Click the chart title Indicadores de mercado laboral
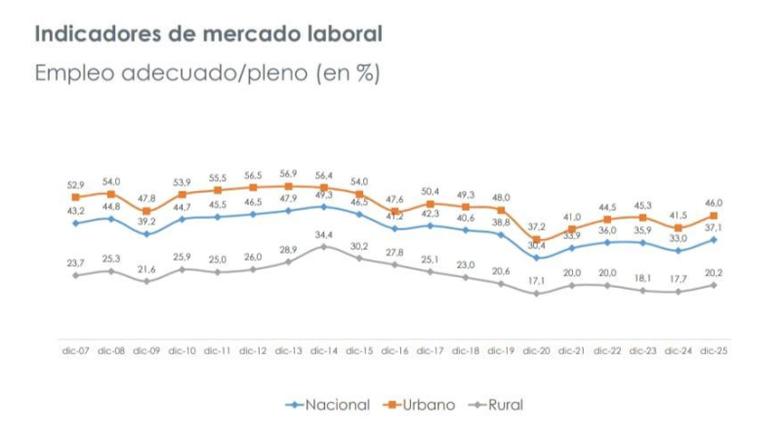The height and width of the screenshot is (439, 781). [209, 33]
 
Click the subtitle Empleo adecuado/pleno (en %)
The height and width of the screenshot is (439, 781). [207, 73]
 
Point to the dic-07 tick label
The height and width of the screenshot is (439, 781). [75, 349]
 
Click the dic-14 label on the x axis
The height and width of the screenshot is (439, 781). [322, 349]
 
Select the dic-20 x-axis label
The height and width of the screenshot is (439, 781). [537, 349]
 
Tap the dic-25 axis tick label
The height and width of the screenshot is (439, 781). [715, 349]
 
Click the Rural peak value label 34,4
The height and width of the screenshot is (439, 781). [324, 234]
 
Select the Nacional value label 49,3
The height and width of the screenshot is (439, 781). [324, 195]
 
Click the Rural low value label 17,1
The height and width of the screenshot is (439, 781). [537, 281]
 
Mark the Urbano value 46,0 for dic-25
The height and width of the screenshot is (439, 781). [715, 202]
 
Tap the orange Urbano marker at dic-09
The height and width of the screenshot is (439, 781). [146, 211]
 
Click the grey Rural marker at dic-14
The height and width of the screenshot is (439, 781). [324, 247]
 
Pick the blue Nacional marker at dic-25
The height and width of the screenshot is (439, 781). [715, 239]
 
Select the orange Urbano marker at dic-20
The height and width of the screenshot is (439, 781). [537, 239]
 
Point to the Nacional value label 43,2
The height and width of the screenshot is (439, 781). [75, 212]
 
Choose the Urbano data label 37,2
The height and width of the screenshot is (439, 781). [537, 226]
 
